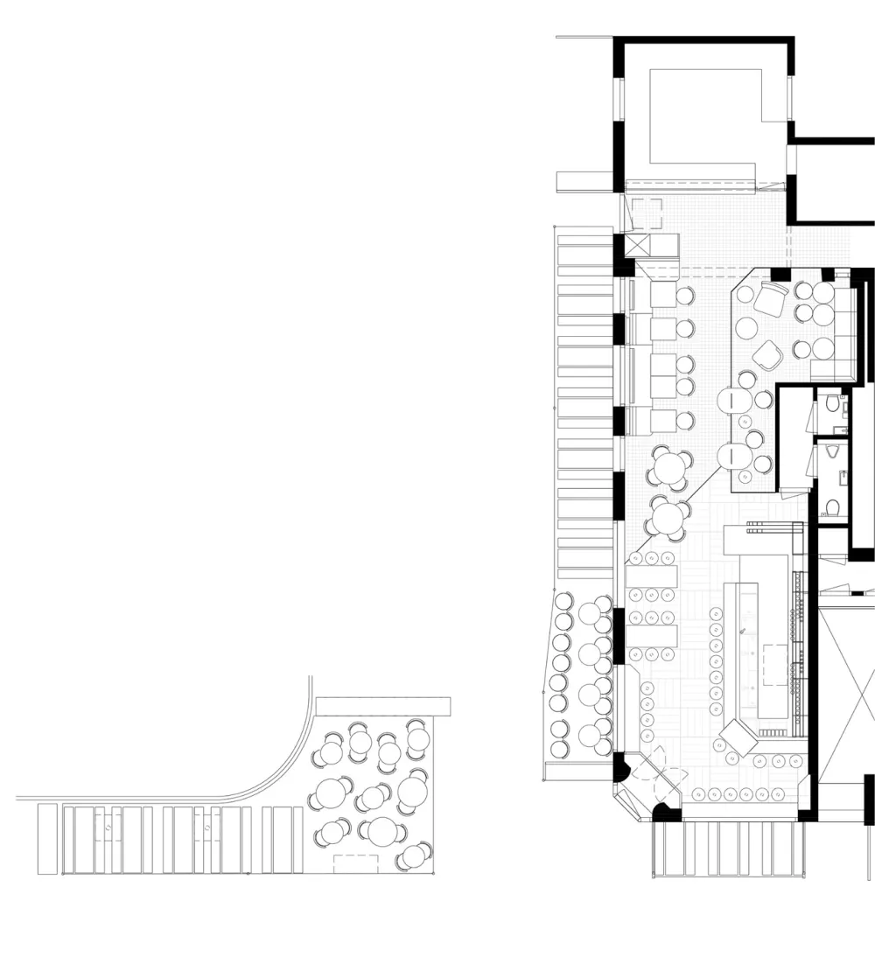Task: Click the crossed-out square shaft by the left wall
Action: [x=640, y=245]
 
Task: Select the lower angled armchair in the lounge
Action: [x=767, y=354]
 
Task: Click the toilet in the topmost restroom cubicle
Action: [x=832, y=404]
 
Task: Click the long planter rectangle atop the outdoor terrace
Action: [x=382, y=706]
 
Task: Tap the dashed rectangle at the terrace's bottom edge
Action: [x=350, y=862]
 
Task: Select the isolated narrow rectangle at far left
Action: [x=47, y=839]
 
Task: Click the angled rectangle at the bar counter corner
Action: [x=738, y=737]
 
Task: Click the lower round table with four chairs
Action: [x=668, y=520]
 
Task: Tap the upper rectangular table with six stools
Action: [x=652, y=575]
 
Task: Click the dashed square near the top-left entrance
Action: [x=648, y=213]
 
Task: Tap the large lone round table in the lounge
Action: [x=746, y=328]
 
